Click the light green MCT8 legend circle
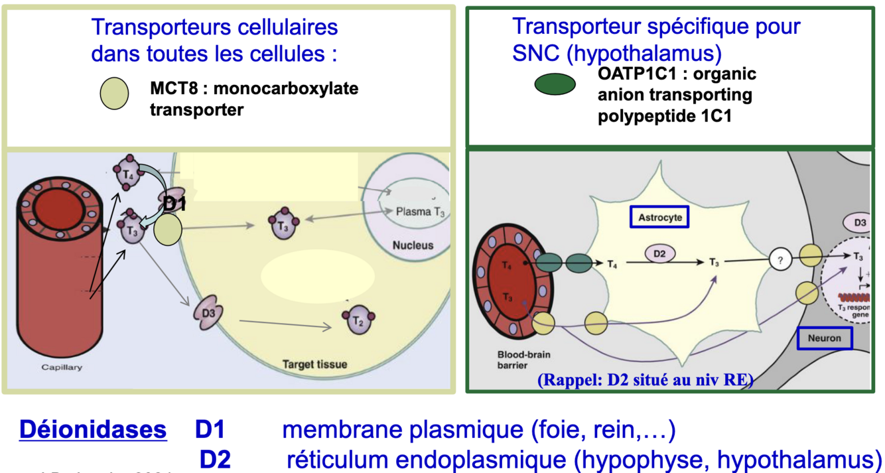point(114,93)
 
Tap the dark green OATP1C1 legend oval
point(555,84)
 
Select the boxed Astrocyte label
point(659,217)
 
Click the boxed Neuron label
point(825,338)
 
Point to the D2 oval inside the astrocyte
point(659,253)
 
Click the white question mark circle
point(780,261)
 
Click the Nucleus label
point(413,245)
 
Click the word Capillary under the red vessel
point(62,367)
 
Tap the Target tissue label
point(314,364)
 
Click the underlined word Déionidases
point(93,430)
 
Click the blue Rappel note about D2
point(645,380)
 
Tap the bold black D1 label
point(174,204)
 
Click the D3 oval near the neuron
point(859,222)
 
